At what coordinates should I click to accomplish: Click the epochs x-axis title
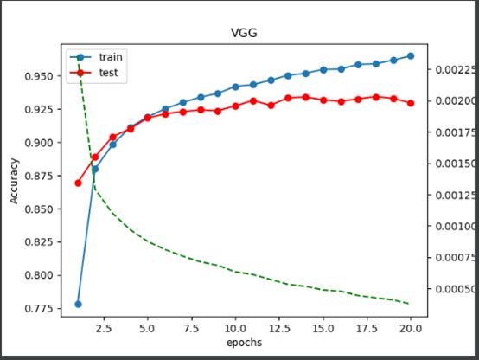tap(244, 343)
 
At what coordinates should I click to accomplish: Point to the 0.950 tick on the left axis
tap(38, 76)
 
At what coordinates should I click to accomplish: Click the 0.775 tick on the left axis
tap(38, 308)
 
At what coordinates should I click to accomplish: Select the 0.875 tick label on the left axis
tap(38, 176)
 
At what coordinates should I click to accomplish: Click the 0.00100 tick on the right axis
tap(450, 226)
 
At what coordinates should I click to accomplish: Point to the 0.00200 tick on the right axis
tap(450, 100)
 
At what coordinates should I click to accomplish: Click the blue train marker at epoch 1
tap(78, 305)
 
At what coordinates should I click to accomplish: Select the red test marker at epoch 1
tap(78, 183)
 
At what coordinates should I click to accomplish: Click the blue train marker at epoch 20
tap(411, 55)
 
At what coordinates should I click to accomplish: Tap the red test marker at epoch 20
tap(411, 103)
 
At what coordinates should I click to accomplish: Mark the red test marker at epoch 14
tap(305, 97)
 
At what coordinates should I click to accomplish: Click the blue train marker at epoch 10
tap(235, 87)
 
